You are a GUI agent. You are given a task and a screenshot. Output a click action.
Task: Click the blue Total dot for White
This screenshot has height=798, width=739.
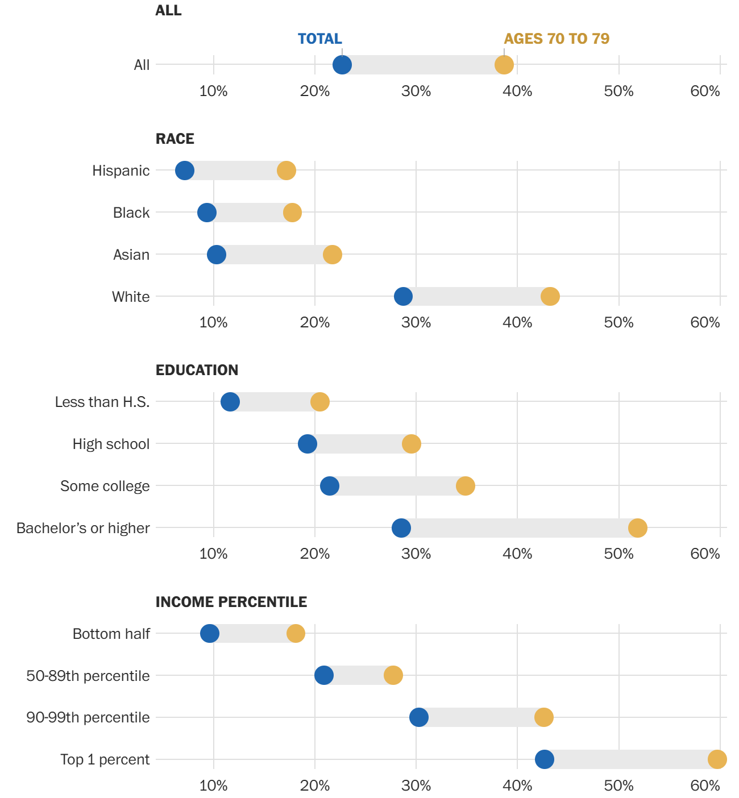pos(403,296)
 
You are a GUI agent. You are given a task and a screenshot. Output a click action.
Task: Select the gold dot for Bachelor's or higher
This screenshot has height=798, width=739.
pos(637,528)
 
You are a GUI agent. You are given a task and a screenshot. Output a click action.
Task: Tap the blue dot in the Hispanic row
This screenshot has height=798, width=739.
pos(184,171)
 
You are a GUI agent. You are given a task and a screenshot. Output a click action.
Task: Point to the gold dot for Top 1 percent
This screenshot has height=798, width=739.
pos(717,759)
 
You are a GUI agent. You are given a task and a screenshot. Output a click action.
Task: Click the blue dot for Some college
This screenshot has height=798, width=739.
pos(330,486)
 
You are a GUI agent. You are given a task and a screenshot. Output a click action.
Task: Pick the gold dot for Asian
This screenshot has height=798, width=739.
pos(333,255)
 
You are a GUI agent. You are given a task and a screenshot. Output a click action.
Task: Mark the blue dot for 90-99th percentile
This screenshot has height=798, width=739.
pos(418,717)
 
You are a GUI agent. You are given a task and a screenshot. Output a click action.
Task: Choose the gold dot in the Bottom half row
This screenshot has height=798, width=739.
pos(296,633)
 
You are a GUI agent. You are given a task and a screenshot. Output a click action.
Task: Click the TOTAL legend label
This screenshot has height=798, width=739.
pos(319,39)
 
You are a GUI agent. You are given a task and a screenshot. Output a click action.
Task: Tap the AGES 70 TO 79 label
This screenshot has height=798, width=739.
pos(557,39)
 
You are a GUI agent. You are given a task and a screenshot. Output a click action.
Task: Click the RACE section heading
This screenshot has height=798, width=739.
pos(175,139)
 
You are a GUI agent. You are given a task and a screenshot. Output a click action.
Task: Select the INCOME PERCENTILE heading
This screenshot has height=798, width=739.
pos(231,602)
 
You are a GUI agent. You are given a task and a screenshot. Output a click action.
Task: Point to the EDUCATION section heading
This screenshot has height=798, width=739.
pos(197,370)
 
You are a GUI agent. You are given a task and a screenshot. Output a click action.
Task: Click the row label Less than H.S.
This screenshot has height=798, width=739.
pos(102,402)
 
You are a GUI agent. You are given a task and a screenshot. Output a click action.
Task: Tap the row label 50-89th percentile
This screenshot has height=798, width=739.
pos(88,676)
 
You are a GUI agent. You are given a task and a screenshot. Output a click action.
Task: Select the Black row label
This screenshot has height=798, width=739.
pos(131,213)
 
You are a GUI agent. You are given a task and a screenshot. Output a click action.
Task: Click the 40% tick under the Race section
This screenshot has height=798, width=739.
pos(517,323)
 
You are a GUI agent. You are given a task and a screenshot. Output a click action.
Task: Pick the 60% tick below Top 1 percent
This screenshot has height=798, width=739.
pos(705,785)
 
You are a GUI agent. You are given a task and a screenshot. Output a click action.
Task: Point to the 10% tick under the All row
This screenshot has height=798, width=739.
pos(213,91)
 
